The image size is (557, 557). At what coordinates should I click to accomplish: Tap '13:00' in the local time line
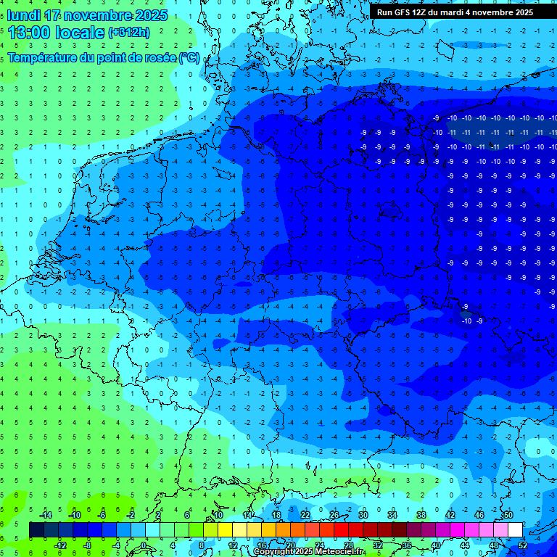(28, 33)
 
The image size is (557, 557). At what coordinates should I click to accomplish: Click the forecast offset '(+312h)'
(129, 33)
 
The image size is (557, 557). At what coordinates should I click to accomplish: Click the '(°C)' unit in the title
(189, 58)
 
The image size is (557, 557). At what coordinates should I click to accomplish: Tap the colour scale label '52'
(522, 545)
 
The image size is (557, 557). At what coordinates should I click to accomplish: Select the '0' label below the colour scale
(144, 545)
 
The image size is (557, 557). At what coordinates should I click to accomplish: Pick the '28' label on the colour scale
(347, 545)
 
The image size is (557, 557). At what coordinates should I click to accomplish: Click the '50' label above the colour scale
(508, 515)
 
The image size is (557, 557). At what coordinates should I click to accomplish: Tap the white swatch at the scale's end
(515, 530)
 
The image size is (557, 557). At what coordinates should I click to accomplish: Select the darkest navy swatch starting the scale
(36, 530)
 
